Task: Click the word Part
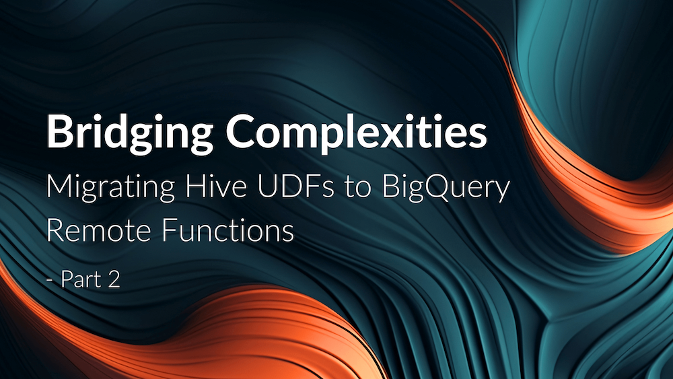80,279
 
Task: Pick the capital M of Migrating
58,188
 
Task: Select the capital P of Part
67,279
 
